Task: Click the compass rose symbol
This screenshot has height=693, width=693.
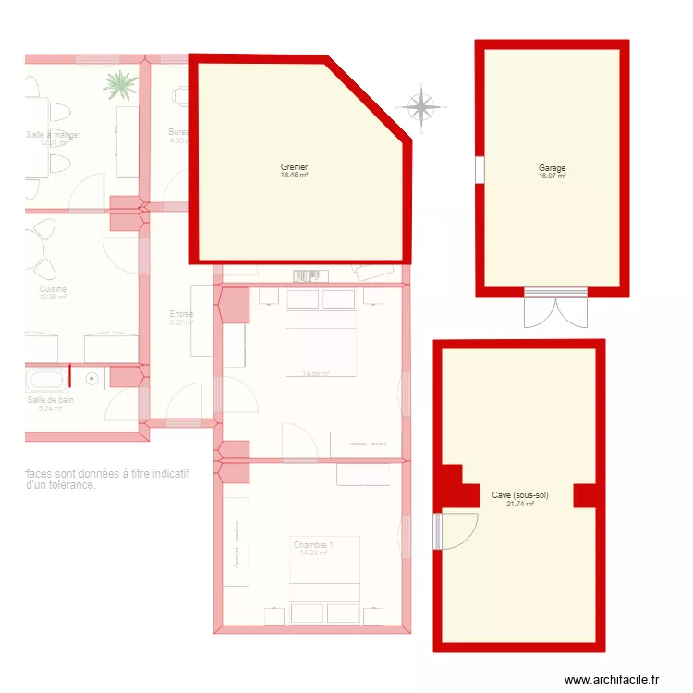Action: click(422, 107)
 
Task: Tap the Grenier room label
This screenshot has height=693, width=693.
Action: click(295, 167)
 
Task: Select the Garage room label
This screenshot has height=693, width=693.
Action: click(553, 168)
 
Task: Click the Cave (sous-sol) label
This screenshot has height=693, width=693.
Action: click(520, 495)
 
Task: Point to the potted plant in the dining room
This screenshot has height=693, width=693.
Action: click(120, 85)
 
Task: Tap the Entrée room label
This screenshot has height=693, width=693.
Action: click(181, 314)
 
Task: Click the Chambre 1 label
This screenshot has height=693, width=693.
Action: click(313, 545)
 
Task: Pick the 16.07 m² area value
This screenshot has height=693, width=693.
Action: click(553, 176)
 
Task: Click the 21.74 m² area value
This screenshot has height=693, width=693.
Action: click(520, 504)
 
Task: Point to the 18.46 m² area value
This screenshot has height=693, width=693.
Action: click(295, 175)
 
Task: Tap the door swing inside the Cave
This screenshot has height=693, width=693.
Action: click(459, 530)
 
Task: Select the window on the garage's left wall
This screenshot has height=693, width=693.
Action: click(480, 169)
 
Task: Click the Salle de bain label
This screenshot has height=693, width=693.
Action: click(50, 399)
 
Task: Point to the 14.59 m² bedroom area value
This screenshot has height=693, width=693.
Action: click(316, 374)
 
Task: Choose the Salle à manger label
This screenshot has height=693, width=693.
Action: click(54, 135)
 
